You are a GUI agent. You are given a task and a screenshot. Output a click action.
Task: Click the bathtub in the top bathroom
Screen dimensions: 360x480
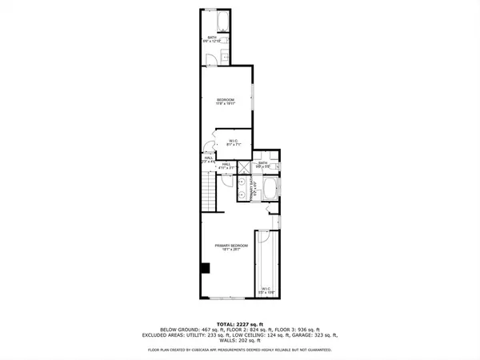(x=222, y=21)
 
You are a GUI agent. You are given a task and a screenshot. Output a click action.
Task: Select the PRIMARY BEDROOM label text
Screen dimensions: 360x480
(x=230, y=245)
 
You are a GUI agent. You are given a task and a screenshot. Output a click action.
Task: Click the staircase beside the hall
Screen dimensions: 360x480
(x=208, y=193)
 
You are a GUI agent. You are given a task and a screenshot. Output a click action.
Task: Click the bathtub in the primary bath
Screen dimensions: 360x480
(x=270, y=192)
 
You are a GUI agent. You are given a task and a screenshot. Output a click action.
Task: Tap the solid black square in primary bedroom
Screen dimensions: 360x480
(x=206, y=269)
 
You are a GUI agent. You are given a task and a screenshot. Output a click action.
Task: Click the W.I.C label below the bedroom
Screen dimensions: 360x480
(x=234, y=142)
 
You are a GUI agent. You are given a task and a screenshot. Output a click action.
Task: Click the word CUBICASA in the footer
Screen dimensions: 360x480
(x=210, y=350)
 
